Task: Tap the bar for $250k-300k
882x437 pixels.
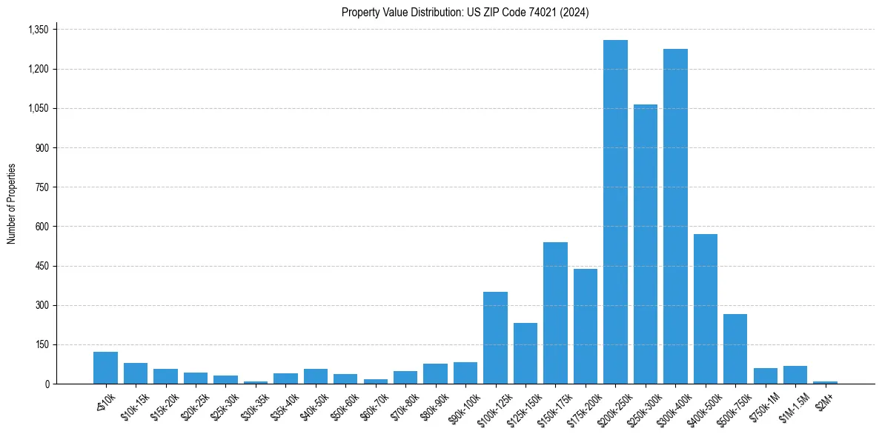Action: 646,244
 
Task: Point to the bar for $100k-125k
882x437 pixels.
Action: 495,338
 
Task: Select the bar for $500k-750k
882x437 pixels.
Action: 735,349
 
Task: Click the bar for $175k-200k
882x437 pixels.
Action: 586,326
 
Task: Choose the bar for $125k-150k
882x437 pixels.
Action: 525,353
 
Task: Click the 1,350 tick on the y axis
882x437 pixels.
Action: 38,30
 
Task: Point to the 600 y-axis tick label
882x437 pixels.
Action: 42,227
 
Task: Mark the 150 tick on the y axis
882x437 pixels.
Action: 42,344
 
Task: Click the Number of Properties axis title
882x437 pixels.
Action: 11,204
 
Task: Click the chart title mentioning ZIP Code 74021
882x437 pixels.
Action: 465,13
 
